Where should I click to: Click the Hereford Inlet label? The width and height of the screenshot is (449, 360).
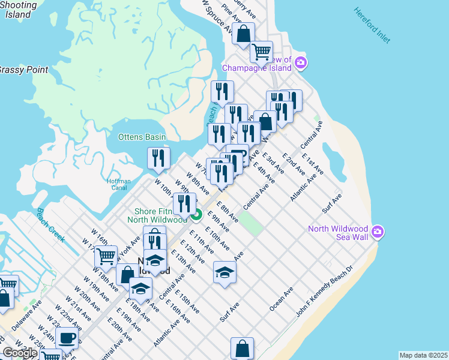[372, 25]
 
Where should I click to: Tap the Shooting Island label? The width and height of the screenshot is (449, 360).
[17, 10]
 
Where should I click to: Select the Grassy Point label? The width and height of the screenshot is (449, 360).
[23, 70]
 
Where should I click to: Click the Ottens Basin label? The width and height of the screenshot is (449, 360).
[142, 137]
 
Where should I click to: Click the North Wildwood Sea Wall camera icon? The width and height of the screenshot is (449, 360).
[378, 231]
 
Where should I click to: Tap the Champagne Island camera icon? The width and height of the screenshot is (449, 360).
[301, 62]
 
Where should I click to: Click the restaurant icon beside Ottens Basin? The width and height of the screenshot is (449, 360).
[158, 157]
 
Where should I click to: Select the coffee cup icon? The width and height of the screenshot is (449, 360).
[67, 337]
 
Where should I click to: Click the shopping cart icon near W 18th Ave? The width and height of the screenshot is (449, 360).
[106, 256]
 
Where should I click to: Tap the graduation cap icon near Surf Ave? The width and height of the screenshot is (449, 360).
[224, 272]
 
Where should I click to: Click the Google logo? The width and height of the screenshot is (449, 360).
[20, 353]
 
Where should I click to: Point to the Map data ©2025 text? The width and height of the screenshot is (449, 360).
[424, 355]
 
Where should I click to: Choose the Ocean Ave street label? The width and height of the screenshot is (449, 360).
[281, 298]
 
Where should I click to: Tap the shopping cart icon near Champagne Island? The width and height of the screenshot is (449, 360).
[262, 52]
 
